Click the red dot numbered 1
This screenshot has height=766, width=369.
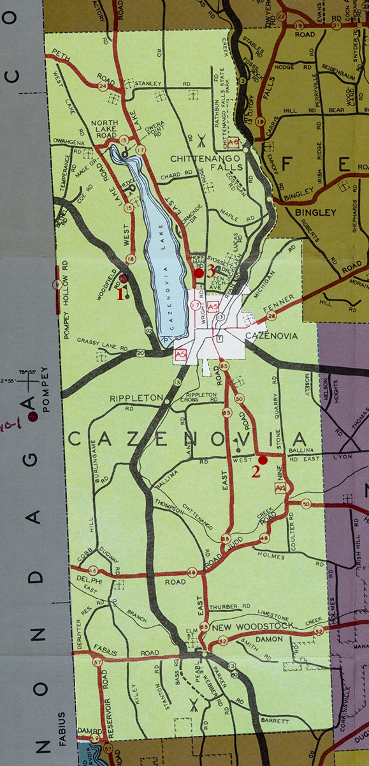pos(124,279)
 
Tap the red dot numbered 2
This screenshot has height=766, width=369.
pos(263,460)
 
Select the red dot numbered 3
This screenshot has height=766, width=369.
pos(198,273)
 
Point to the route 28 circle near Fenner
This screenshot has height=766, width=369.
pos(272,315)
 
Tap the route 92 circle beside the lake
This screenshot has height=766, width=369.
pos(148,331)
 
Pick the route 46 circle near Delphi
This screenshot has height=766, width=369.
pos(94,570)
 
